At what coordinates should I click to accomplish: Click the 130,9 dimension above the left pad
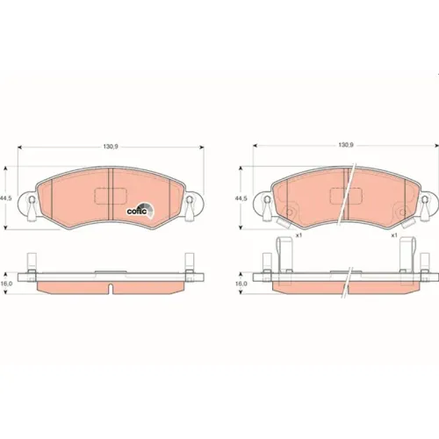[111, 147]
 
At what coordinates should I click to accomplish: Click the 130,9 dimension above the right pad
[346, 145]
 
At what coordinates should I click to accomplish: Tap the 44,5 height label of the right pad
[241, 198]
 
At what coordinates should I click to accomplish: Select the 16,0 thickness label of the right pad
[241, 284]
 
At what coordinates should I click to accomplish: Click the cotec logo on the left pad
[140, 210]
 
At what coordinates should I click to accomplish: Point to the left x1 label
[299, 235]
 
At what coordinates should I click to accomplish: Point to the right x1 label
[394, 235]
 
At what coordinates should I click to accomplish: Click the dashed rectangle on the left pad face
[111, 196]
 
